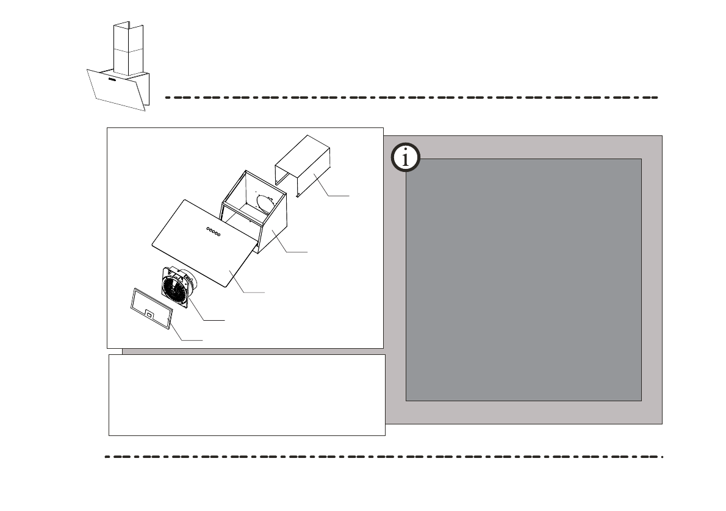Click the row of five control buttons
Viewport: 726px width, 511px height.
[x=213, y=231]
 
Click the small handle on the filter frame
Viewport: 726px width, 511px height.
[x=149, y=314]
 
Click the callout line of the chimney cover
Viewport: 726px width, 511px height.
[x=337, y=195]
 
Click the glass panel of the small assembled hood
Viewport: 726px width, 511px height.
[x=116, y=91]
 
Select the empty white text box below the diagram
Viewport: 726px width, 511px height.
[x=246, y=395]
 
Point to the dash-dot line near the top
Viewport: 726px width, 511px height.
[x=412, y=97]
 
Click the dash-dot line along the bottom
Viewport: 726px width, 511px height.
[x=384, y=456]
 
